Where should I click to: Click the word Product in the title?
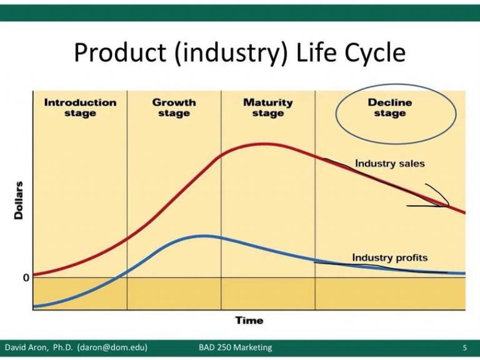[x=120, y=52]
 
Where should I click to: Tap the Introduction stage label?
[x=80, y=107]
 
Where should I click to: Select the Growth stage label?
[x=174, y=107]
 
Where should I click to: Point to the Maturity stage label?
[x=268, y=107]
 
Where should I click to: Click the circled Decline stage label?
[x=390, y=107]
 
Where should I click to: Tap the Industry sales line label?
[x=390, y=163]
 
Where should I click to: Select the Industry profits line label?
[x=390, y=257]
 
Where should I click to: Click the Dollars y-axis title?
[x=19, y=200]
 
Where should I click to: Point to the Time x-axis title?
[x=249, y=321]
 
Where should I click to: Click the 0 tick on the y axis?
[x=26, y=277]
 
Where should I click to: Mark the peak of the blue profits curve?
[x=204, y=236]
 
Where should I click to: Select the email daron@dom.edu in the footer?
[x=112, y=347]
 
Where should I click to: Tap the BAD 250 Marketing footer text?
[x=235, y=347]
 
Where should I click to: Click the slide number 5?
[x=465, y=347]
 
